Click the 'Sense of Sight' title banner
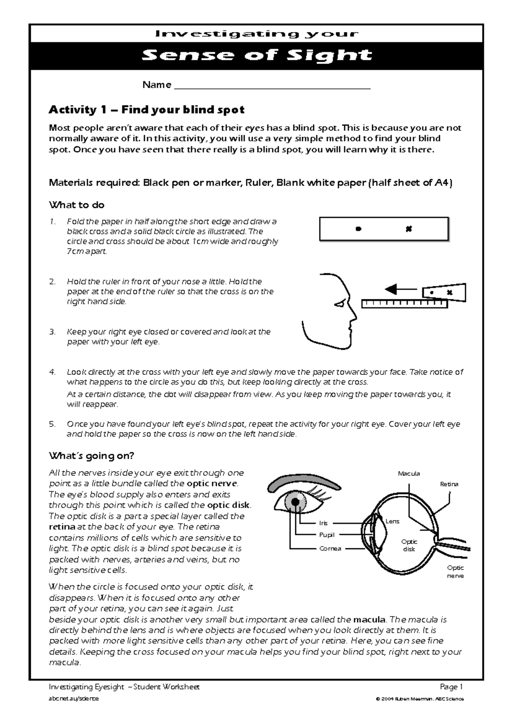pyautogui.click(x=256, y=55)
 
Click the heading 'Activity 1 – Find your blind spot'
pyautogui.click(x=146, y=110)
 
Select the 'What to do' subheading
pyautogui.click(x=77, y=205)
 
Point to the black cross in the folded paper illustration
pyautogui.click(x=409, y=229)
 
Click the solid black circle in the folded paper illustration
pyautogui.click(x=358, y=229)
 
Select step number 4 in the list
pyautogui.click(x=52, y=372)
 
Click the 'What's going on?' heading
pyautogui.click(x=91, y=456)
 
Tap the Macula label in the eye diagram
pyautogui.click(x=409, y=474)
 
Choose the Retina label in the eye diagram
pyautogui.click(x=449, y=484)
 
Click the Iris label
pyautogui.click(x=323, y=523)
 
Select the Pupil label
pyautogui.click(x=326, y=535)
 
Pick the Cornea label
pyautogui.click(x=330, y=549)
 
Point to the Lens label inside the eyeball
pyautogui.click(x=392, y=521)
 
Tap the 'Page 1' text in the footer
pyautogui.click(x=451, y=687)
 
